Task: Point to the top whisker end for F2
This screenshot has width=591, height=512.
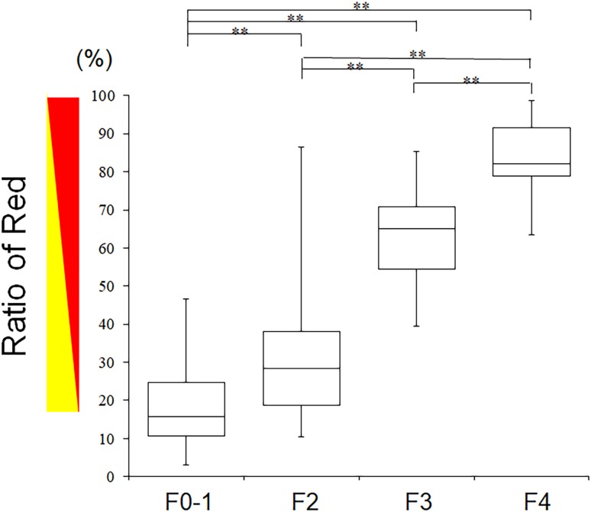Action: [x=301, y=147]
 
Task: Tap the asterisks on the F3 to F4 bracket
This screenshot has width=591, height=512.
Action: [x=472, y=79]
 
